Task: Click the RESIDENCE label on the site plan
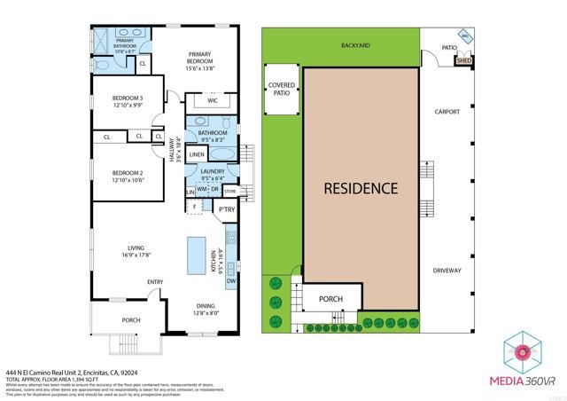[360, 189]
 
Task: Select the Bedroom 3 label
[128, 101]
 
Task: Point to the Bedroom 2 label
[128, 177]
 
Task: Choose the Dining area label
[205, 308]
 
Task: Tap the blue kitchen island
[196, 257]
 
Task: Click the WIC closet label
[212, 101]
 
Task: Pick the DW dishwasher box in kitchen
[230, 282]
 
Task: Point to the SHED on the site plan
[463, 60]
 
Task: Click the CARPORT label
[447, 113]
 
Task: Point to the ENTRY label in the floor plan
[156, 283]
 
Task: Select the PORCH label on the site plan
[331, 299]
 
